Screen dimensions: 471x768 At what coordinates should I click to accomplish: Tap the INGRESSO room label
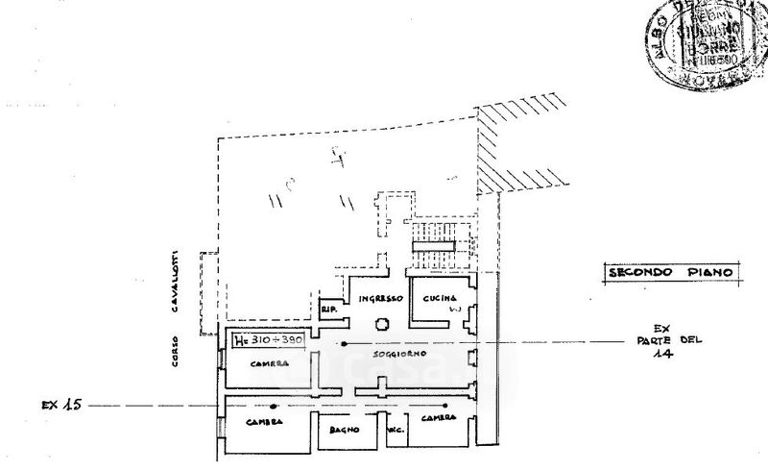point(373,299)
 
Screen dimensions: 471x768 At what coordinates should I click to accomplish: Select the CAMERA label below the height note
point(271,363)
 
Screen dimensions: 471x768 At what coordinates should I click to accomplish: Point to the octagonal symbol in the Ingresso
point(381,325)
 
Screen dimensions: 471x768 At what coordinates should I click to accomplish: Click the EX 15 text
point(59,405)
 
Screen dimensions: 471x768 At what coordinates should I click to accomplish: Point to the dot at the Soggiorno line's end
point(344,342)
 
